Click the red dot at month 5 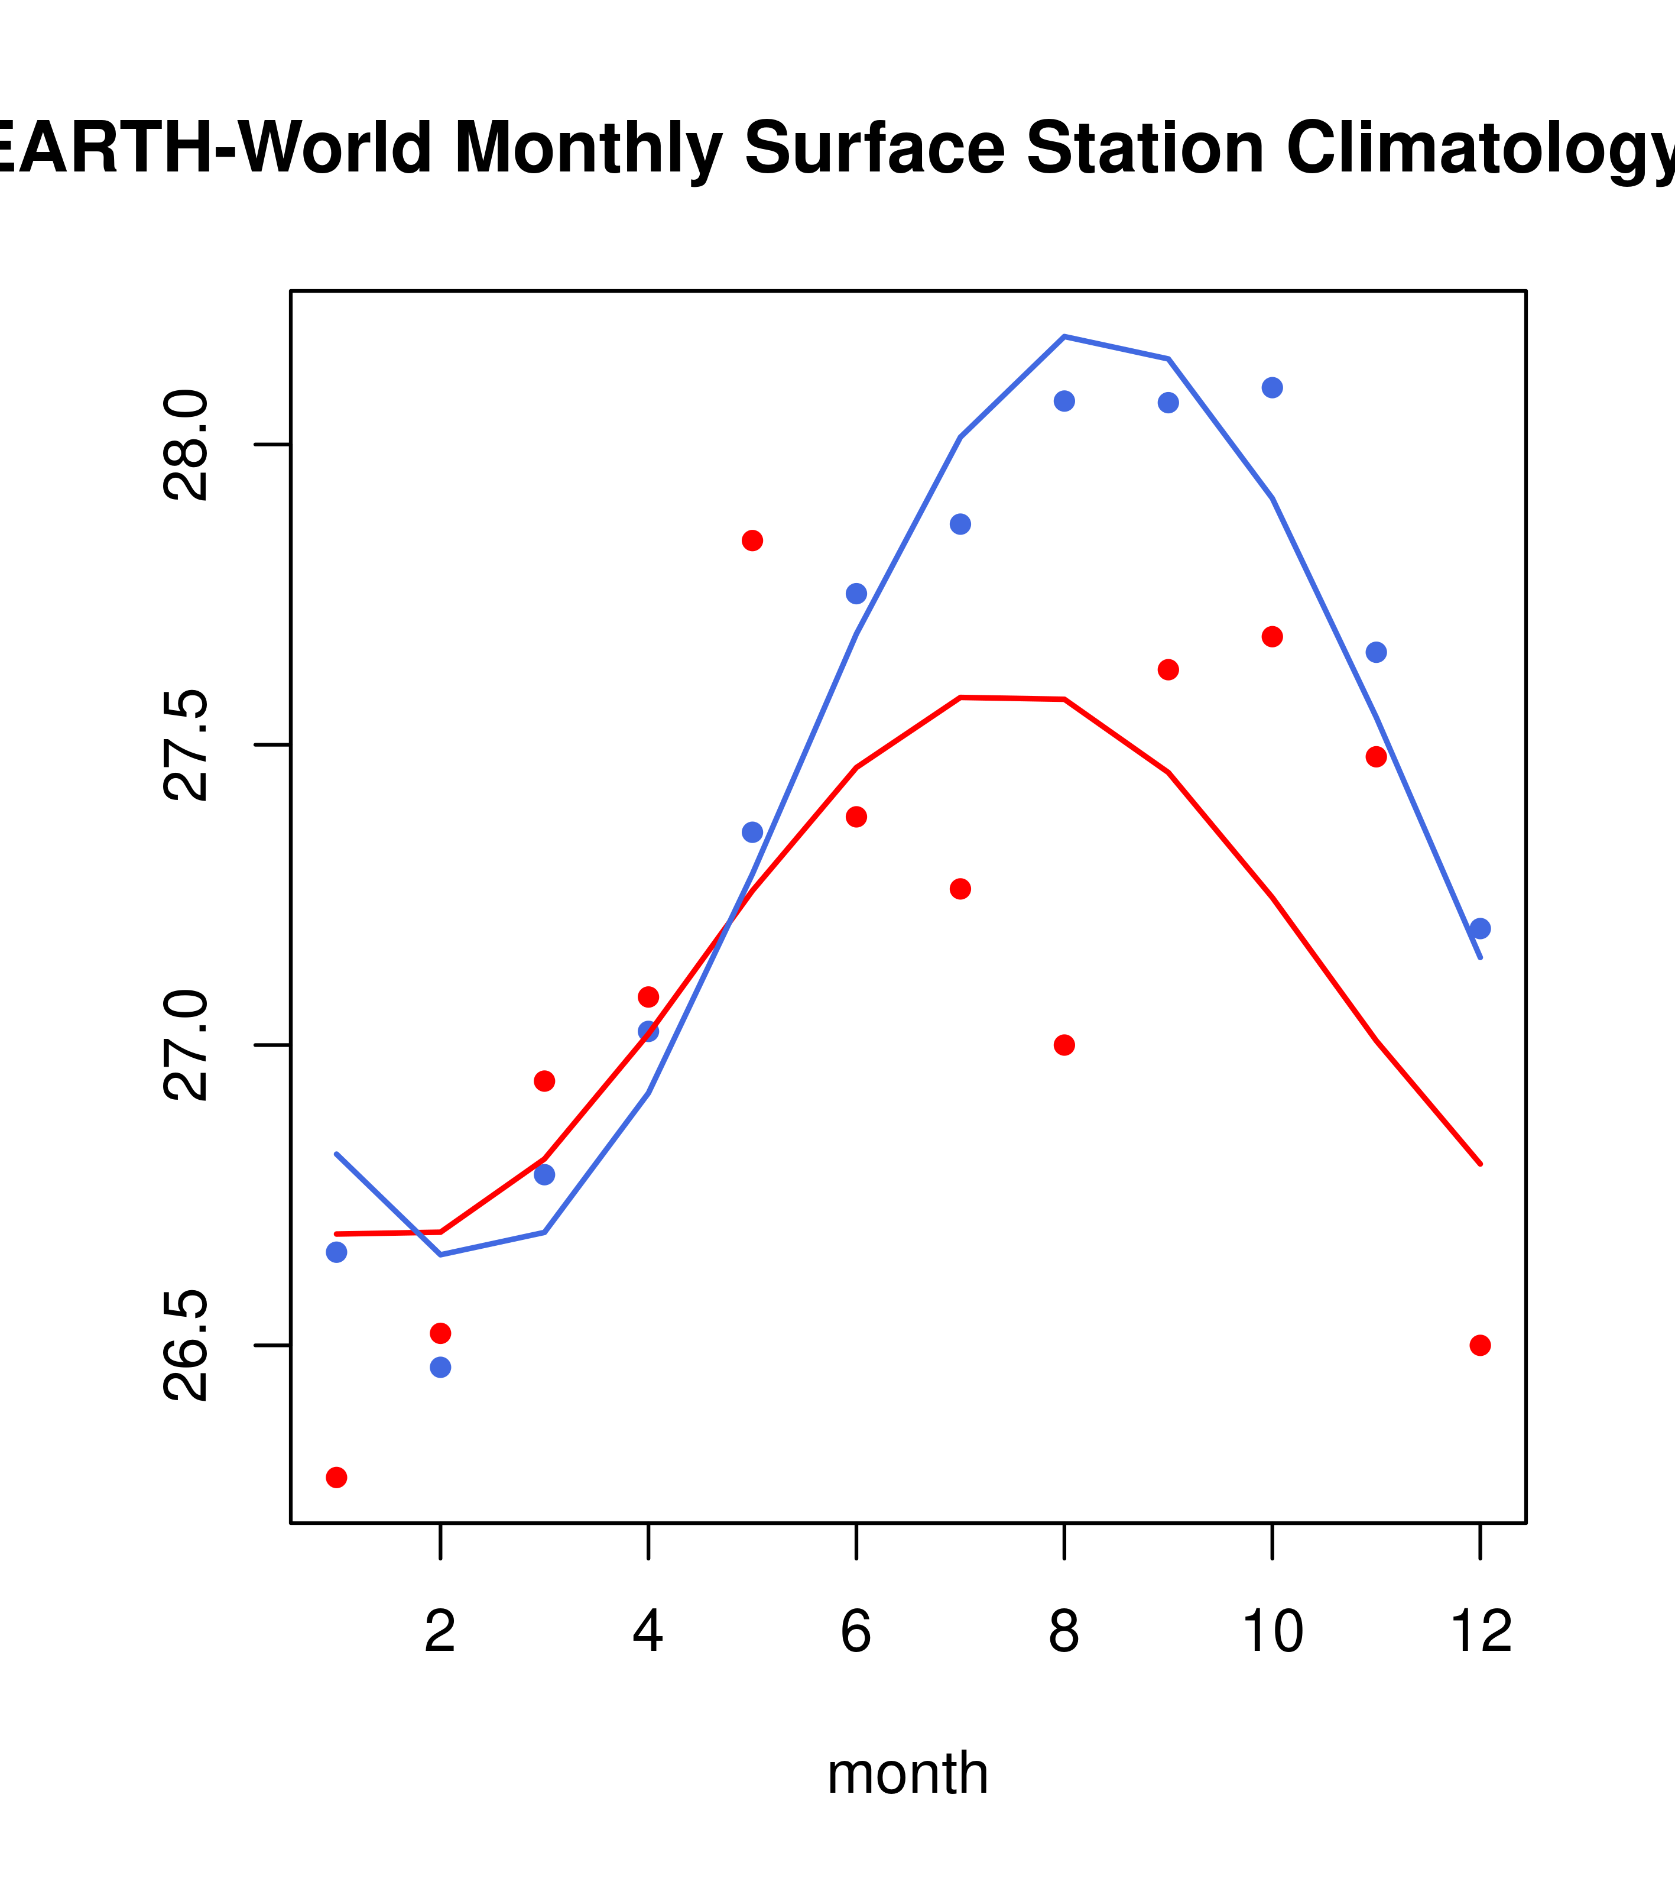[752, 540]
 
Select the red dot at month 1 [336, 1478]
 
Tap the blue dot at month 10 [1272, 387]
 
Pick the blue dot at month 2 [441, 1366]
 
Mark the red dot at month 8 [1064, 1045]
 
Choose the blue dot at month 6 [856, 593]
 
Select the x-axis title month [907, 1773]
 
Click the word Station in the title [1145, 148]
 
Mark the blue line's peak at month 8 [1064, 336]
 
